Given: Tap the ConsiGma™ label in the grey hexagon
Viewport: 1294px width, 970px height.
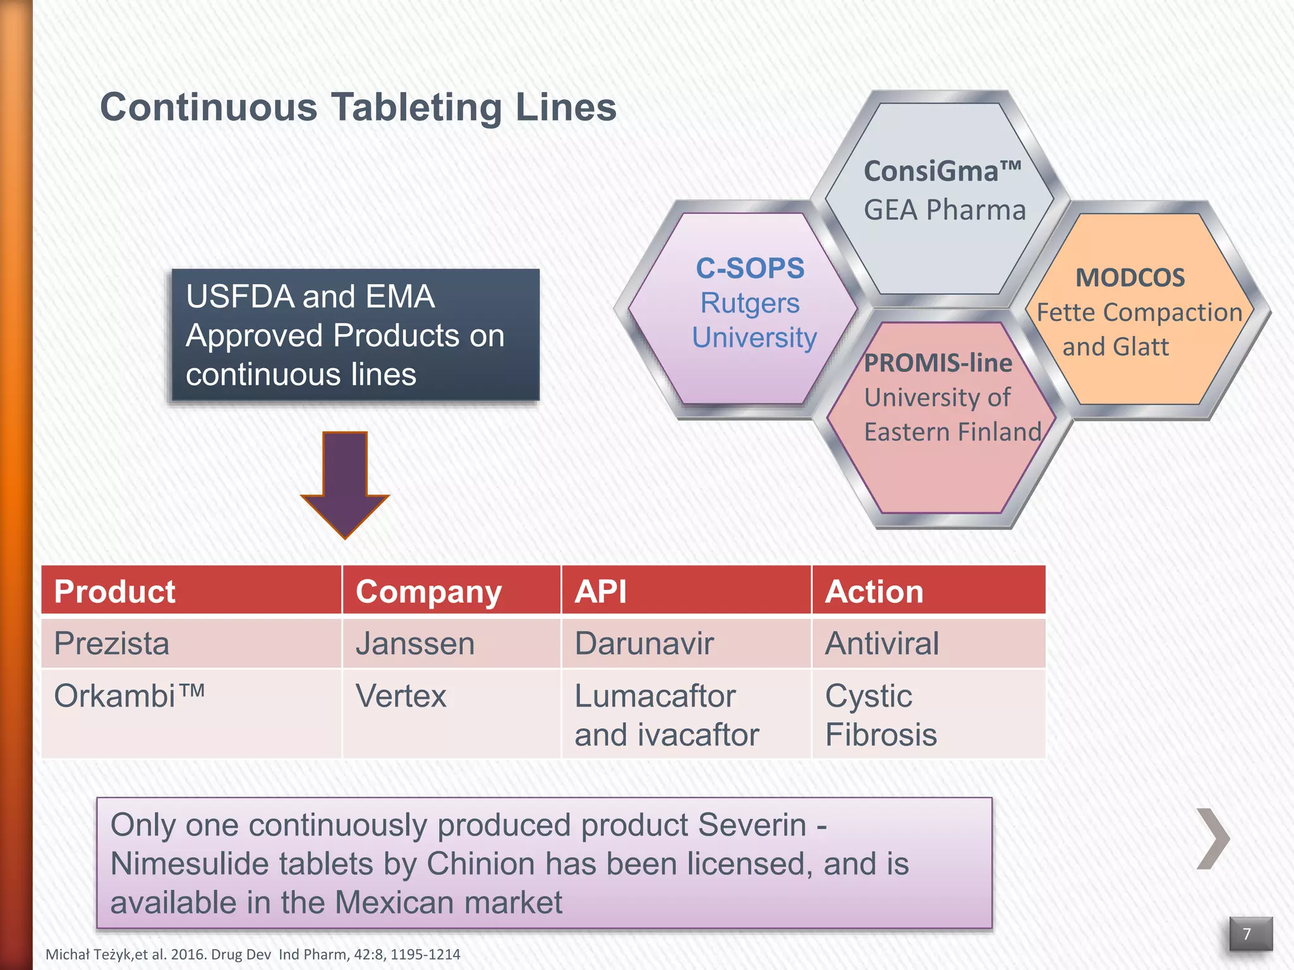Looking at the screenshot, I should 942,171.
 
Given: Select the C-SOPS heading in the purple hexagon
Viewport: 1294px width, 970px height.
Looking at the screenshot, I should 750,268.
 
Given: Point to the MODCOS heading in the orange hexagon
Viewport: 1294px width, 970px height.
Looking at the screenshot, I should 1130,278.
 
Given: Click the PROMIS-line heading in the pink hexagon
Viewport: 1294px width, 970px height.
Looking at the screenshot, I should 938,363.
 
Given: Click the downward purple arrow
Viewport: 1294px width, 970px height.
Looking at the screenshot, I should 345,483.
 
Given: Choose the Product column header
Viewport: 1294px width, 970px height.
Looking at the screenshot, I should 114,592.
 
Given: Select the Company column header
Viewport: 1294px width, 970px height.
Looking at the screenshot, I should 428,592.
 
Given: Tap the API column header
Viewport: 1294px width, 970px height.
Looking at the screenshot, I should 600,592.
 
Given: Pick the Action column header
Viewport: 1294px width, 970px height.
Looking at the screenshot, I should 874,592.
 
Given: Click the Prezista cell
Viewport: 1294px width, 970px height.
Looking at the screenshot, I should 112,644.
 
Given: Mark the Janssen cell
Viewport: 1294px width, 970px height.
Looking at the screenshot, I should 415,644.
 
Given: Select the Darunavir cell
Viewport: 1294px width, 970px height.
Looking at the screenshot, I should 644,644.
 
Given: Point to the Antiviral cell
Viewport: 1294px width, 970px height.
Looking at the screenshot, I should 882,644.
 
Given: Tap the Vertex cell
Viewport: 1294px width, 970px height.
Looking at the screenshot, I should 401,696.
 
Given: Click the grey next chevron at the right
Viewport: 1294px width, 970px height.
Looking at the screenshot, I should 1213,839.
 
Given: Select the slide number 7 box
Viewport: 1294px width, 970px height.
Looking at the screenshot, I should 1250,933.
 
